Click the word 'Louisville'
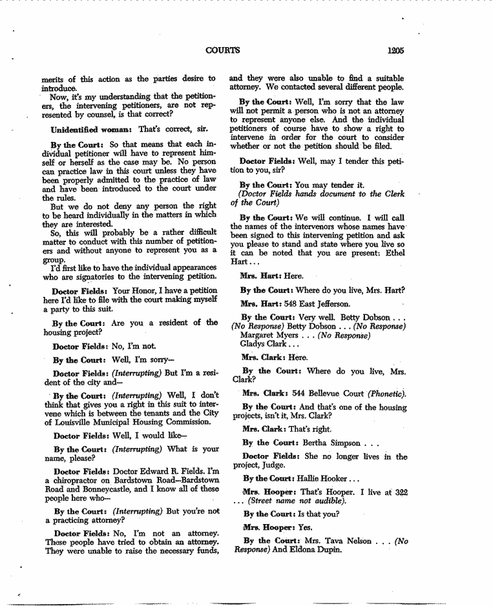[66, 422]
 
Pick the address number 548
[292, 303]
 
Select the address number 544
[292, 392]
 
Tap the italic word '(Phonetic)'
[387, 392]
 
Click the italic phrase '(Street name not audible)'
[297, 501]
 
